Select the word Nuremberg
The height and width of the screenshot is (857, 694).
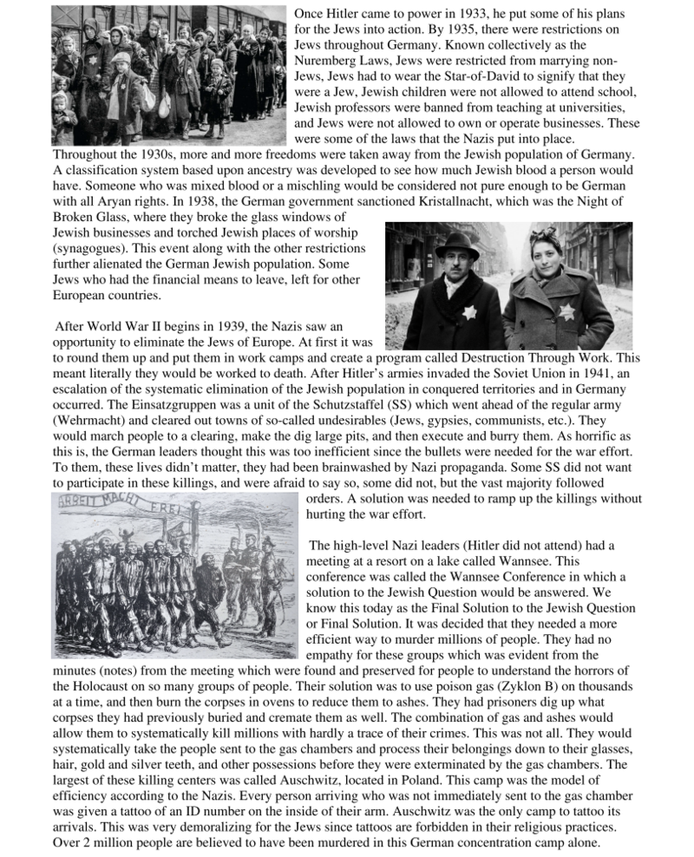tap(331, 62)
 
